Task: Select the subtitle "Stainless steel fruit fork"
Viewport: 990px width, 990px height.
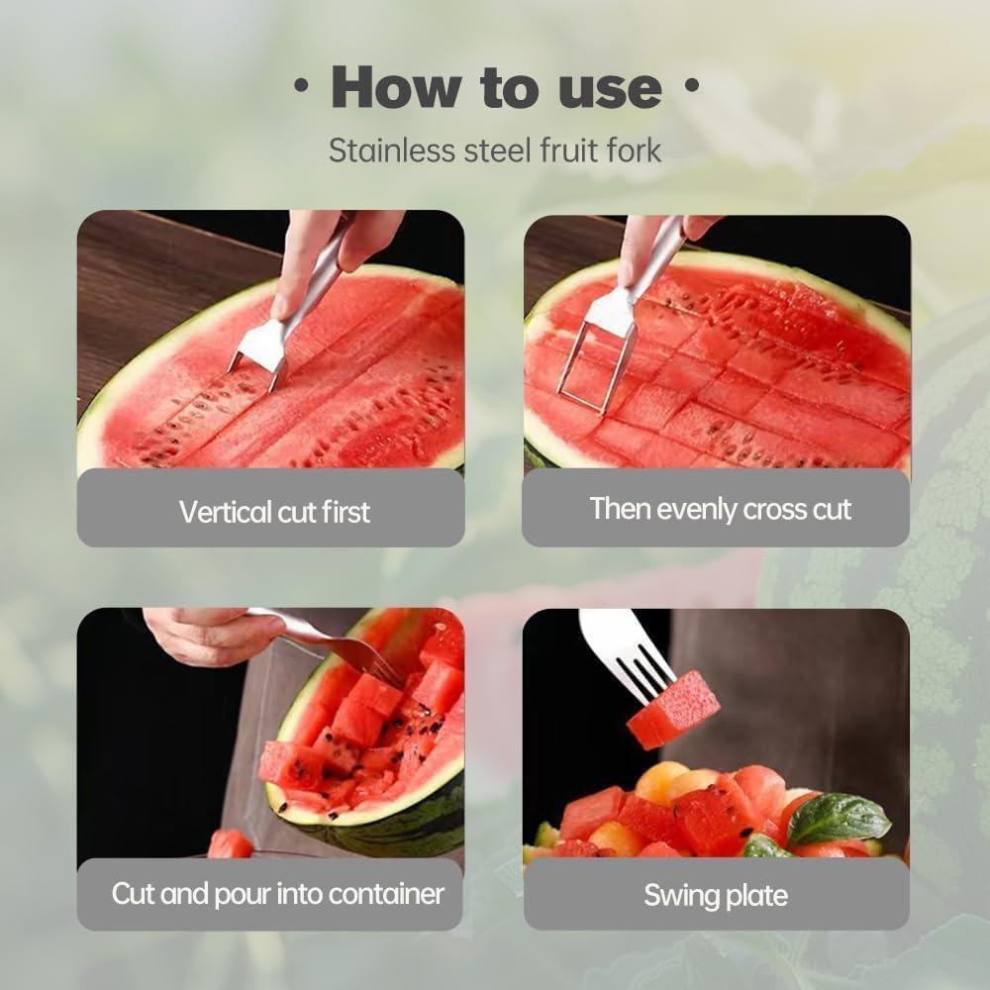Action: pyautogui.click(x=495, y=150)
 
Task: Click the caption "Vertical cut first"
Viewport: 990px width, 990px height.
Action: pyautogui.click(x=274, y=512)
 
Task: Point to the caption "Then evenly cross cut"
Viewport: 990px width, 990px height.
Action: pyautogui.click(x=720, y=509)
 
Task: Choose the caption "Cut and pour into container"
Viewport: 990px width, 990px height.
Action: pyautogui.click(x=277, y=894)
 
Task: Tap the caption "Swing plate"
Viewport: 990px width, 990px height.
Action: pyautogui.click(x=715, y=896)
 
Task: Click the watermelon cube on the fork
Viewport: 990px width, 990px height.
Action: pyautogui.click(x=673, y=709)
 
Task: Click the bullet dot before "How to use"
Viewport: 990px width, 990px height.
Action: pyautogui.click(x=300, y=87)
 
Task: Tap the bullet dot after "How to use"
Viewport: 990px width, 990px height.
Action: pyautogui.click(x=690, y=87)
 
